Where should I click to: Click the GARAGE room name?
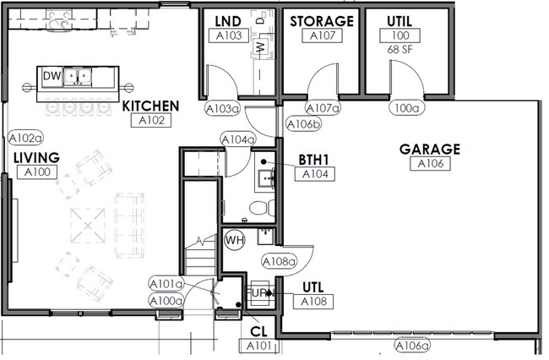point(430,150)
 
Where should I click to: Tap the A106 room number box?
point(430,164)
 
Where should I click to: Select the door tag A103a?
point(223,108)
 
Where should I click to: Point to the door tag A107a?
point(323,108)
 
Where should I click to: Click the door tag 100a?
point(406,108)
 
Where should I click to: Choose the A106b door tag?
point(303,124)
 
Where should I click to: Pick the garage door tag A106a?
point(412,346)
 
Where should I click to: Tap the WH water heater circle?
point(235,240)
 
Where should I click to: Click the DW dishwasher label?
point(52,76)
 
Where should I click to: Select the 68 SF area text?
point(400,49)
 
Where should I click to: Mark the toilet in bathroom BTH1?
point(263,209)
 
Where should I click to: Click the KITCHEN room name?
point(150,106)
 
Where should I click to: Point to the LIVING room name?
point(36,158)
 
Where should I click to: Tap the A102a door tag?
point(25,139)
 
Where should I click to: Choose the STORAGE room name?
point(322,21)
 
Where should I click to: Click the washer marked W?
point(260,46)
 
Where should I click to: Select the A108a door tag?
point(279,261)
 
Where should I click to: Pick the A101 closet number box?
point(259,346)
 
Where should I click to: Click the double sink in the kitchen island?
point(78,77)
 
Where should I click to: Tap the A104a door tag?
point(238,139)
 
